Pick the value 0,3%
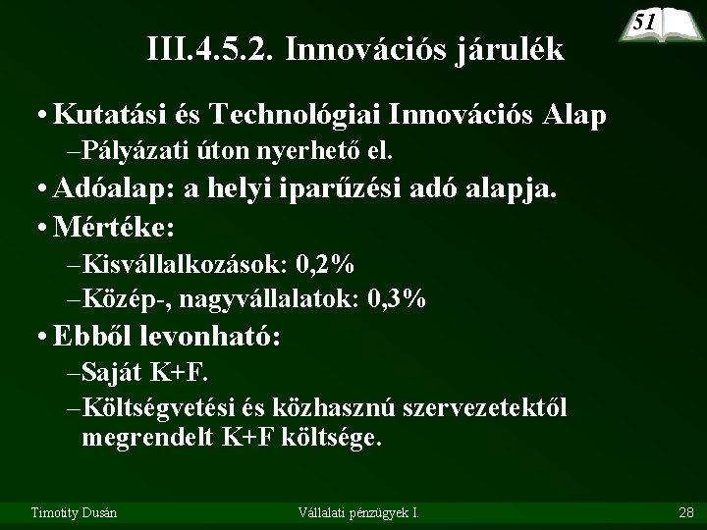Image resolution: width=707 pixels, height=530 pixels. (x=396, y=299)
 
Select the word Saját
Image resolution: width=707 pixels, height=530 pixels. (x=114, y=373)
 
